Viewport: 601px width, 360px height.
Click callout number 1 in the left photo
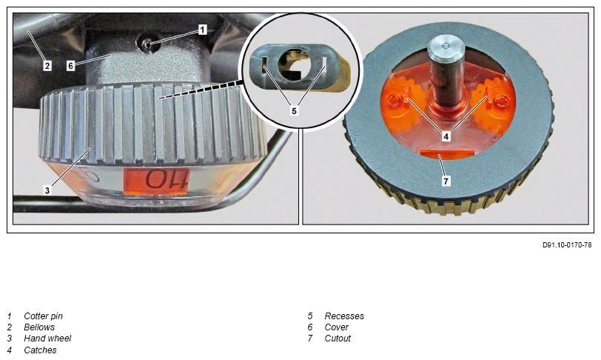(x=202, y=30)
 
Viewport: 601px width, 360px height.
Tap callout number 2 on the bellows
(x=47, y=66)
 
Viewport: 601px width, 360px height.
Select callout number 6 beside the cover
(x=70, y=66)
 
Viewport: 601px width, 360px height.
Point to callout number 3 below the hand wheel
(x=47, y=190)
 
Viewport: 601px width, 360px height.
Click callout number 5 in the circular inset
(x=294, y=111)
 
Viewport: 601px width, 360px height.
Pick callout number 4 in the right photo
(x=446, y=136)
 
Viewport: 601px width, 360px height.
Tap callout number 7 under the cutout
(x=446, y=181)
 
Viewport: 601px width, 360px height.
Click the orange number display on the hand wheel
(x=157, y=179)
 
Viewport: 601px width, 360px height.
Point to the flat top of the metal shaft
(x=446, y=45)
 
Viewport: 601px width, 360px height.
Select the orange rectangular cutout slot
(x=447, y=153)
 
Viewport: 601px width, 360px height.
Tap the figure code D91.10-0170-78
(x=567, y=245)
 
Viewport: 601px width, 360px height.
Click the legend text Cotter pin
(x=44, y=316)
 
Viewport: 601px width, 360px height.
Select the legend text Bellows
(x=39, y=327)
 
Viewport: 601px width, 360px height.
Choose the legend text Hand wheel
(x=47, y=338)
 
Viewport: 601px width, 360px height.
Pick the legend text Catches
(x=40, y=350)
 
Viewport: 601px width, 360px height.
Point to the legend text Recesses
(x=344, y=316)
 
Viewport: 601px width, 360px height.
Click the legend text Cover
(x=337, y=327)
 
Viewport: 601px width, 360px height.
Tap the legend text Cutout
(x=338, y=338)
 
